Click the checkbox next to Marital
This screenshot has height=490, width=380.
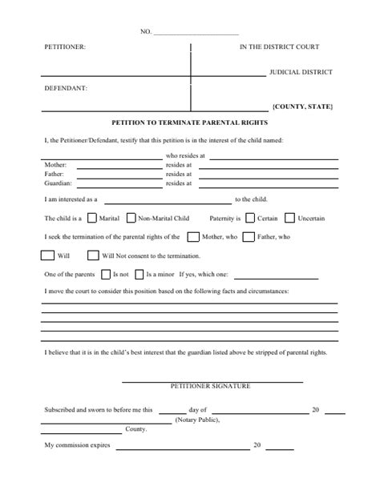[x=92, y=217]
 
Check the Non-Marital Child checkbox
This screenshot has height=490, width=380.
[x=129, y=217]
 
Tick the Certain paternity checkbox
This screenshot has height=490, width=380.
[x=250, y=217]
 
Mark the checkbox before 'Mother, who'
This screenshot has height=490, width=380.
[x=192, y=237]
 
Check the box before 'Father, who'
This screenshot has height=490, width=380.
[x=249, y=237]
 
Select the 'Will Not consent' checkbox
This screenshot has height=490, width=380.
[x=91, y=255]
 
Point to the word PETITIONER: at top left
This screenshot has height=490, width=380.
[x=64, y=49]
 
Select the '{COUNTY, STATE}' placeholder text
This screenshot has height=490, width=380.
[x=302, y=106]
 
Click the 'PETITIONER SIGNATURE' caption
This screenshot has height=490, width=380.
[x=211, y=386]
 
